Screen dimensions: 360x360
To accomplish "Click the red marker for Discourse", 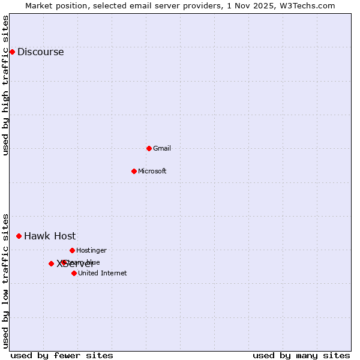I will click(x=12, y=52).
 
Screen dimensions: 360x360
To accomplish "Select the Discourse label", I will click(x=40, y=52).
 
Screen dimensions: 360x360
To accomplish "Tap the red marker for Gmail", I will click(x=149, y=148).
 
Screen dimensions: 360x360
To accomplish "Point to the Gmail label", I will click(x=162, y=148).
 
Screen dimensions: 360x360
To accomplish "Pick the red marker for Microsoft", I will click(x=134, y=171).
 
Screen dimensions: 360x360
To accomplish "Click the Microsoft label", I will click(x=152, y=171).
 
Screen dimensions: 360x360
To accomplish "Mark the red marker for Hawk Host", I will click(x=19, y=236).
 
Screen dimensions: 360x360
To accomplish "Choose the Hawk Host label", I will click(x=50, y=236).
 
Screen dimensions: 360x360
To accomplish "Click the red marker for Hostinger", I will click(x=72, y=250).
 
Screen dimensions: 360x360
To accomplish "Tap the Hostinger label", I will click(x=91, y=250).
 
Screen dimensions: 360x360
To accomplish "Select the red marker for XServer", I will click(x=51, y=263).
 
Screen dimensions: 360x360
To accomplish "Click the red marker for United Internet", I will click(x=74, y=273).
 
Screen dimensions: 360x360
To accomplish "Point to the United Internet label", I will click(x=102, y=273).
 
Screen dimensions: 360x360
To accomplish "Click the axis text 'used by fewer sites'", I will click(x=62, y=355).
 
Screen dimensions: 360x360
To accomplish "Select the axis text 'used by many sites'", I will click(x=301, y=355).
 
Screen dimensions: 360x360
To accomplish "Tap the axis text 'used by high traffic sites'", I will click(x=5, y=85).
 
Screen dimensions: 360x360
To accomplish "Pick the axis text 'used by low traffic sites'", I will click(x=5, y=281).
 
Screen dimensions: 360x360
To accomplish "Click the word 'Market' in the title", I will click(x=39, y=5).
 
